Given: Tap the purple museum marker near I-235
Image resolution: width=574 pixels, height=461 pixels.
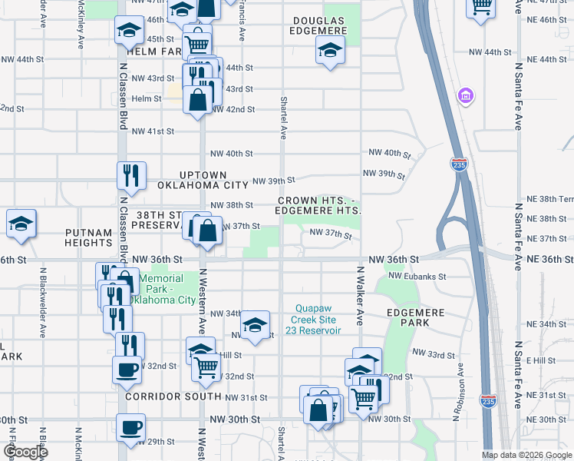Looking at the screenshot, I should pyautogui.click(x=465, y=96).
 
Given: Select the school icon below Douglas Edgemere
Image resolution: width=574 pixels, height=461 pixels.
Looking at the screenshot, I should pyautogui.click(x=331, y=51).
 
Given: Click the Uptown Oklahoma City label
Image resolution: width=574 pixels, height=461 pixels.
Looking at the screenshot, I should pyautogui.click(x=203, y=181).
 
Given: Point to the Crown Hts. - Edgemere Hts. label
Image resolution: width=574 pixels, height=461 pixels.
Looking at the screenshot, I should pyautogui.click(x=318, y=205).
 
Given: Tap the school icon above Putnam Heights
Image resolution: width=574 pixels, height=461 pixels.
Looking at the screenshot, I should pyautogui.click(x=21, y=224).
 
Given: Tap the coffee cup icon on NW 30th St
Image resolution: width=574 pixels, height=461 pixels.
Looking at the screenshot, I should pyautogui.click(x=130, y=427).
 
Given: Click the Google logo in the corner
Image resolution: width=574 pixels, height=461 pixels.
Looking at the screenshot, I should pyautogui.click(x=25, y=452).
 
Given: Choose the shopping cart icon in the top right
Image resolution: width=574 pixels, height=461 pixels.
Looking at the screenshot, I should pyautogui.click(x=481, y=8).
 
